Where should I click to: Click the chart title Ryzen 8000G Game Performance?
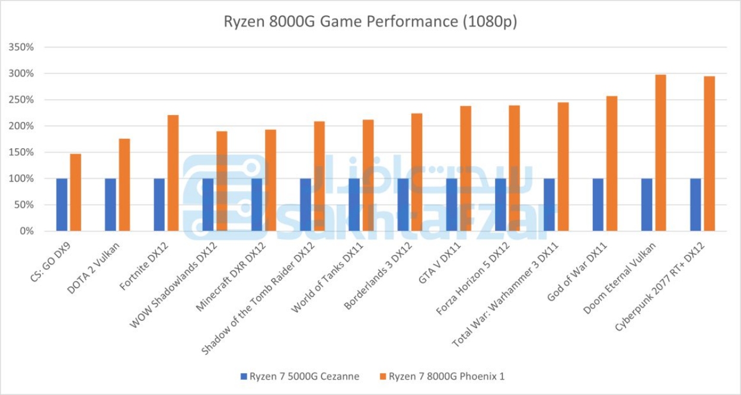point(370,22)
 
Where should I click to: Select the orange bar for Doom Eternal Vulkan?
point(660,153)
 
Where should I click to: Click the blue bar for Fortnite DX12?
point(159,205)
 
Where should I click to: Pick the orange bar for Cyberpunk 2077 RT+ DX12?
point(710,154)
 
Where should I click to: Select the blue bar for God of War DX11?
point(598,205)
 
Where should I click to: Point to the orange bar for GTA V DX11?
point(466,168)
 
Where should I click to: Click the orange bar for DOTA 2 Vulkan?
point(124,184)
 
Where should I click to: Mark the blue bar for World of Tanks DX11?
point(354,205)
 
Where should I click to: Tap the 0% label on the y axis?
point(27,231)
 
